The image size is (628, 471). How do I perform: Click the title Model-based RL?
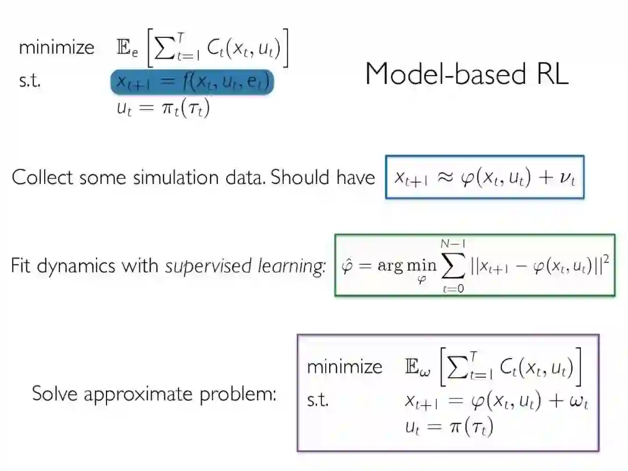coord(466,74)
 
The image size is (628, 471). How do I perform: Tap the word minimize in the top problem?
coord(56,47)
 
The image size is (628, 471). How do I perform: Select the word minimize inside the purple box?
coord(344,367)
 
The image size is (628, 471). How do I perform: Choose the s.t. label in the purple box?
coord(317,400)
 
